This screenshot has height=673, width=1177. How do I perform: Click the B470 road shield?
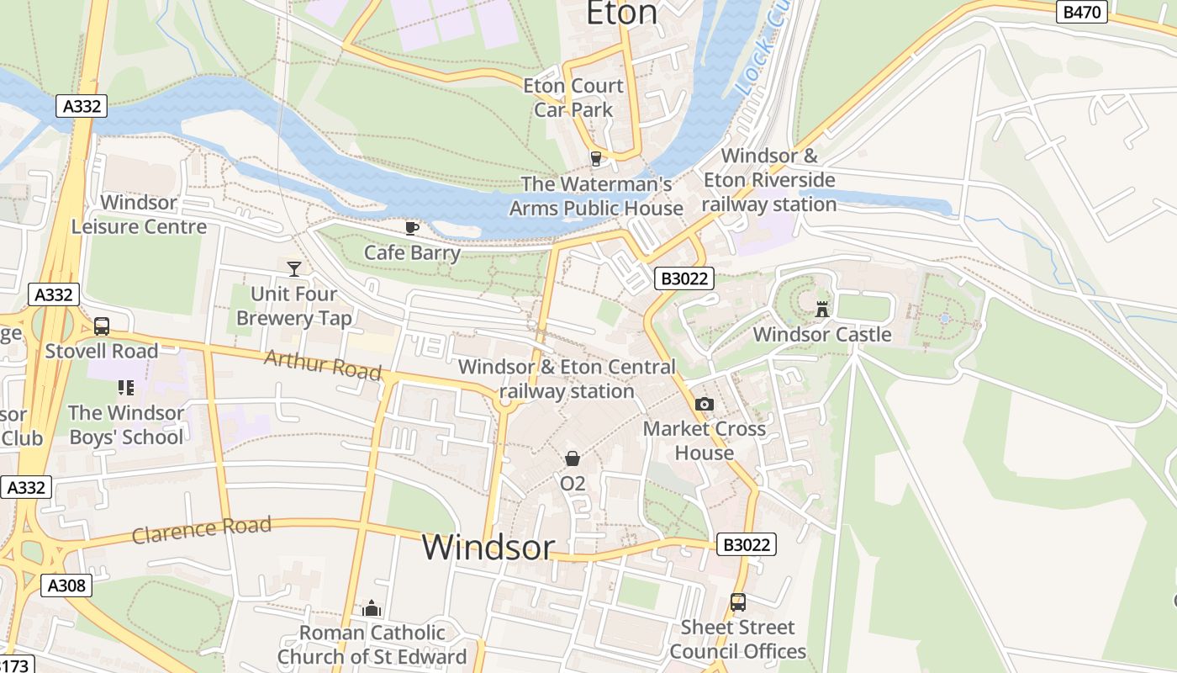click(x=1082, y=12)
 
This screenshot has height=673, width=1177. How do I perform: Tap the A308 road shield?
click(x=66, y=586)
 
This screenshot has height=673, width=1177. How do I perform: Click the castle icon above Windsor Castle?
click(x=822, y=309)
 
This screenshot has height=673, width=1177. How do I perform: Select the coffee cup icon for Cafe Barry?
click(x=412, y=228)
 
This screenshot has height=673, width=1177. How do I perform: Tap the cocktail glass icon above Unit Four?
click(x=294, y=268)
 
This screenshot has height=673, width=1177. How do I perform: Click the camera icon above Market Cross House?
click(x=705, y=404)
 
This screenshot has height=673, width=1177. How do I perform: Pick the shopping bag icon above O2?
click(x=573, y=458)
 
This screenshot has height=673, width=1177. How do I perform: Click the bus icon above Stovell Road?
click(x=102, y=326)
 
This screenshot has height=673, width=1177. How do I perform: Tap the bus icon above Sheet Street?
click(x=737, y=602)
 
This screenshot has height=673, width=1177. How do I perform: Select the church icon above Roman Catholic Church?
click(x=372, y=607)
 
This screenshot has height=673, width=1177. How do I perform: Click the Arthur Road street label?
click(x=322, y=365)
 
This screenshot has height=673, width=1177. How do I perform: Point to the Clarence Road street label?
click(x=202, y=530)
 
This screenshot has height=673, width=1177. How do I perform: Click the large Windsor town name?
click(x=488, y=547)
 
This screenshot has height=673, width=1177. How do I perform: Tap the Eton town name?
click(x=621, y=13)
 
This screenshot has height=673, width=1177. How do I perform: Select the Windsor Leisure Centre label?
click(x=139, y=215)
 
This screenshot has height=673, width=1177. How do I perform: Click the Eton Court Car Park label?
click(x=573, y=98)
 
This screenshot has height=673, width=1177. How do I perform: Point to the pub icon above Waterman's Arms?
click(x=596, y=158)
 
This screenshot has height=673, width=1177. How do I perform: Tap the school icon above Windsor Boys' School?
click(x=126, y=388)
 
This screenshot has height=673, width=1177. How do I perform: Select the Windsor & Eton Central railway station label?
click(x=567, y=379)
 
